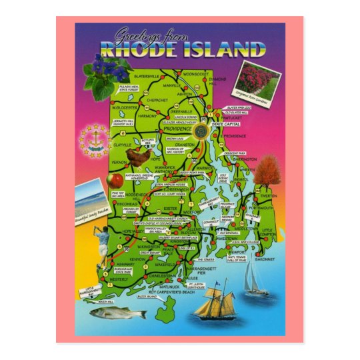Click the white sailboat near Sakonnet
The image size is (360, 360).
coord(255,281)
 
